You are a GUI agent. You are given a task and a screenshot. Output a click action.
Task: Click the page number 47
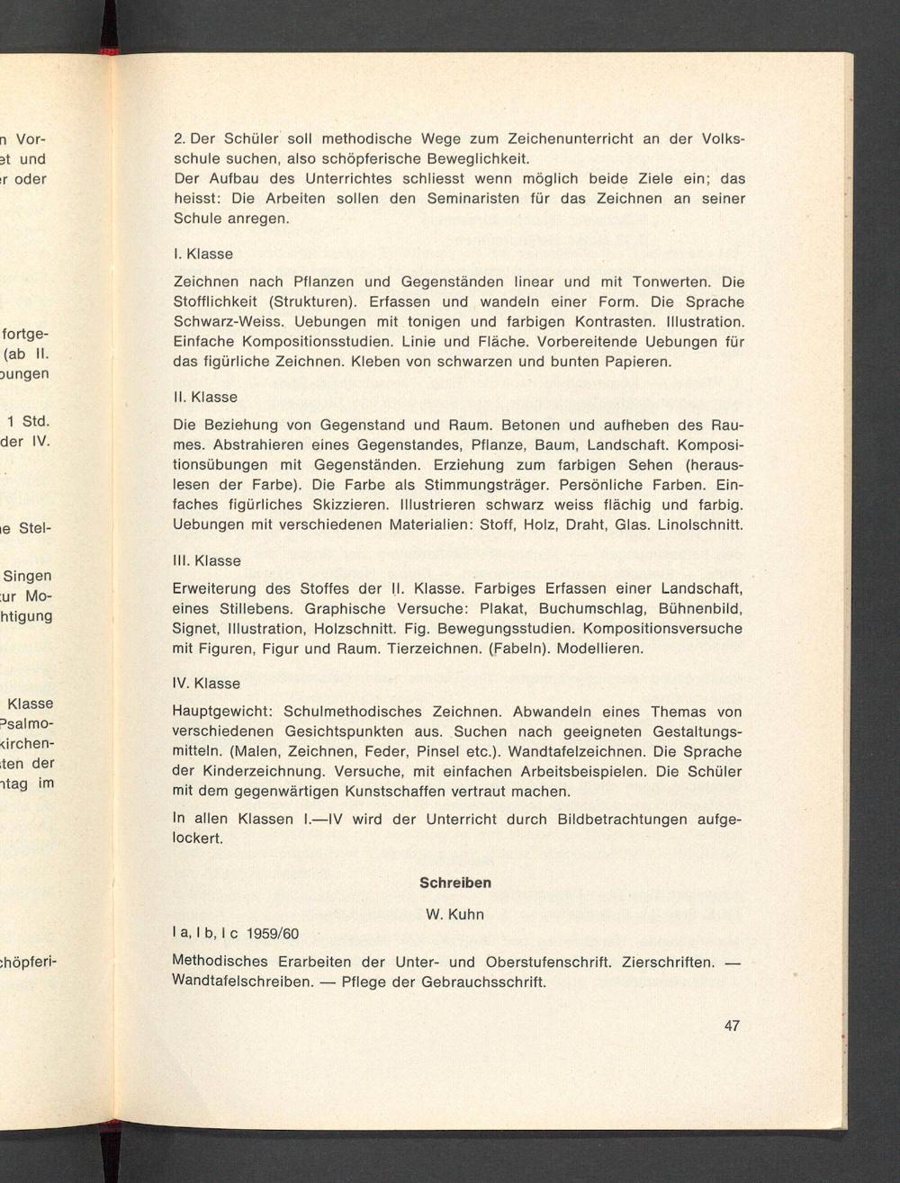point(732,1026)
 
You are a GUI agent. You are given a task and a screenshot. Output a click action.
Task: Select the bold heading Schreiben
point(455,883)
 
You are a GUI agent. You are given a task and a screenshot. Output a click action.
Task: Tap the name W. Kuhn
point(454,915)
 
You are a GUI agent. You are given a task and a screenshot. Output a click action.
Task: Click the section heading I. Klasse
point(202,254)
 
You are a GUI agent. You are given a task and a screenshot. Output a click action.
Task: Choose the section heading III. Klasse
point(206,560)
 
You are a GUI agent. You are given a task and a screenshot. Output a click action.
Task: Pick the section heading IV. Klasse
point(206,683)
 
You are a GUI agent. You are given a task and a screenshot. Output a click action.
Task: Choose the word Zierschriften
point(668,962)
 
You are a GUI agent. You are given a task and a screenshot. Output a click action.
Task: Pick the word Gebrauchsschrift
point(483,981)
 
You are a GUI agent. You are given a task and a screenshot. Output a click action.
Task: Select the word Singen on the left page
point(28,576)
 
